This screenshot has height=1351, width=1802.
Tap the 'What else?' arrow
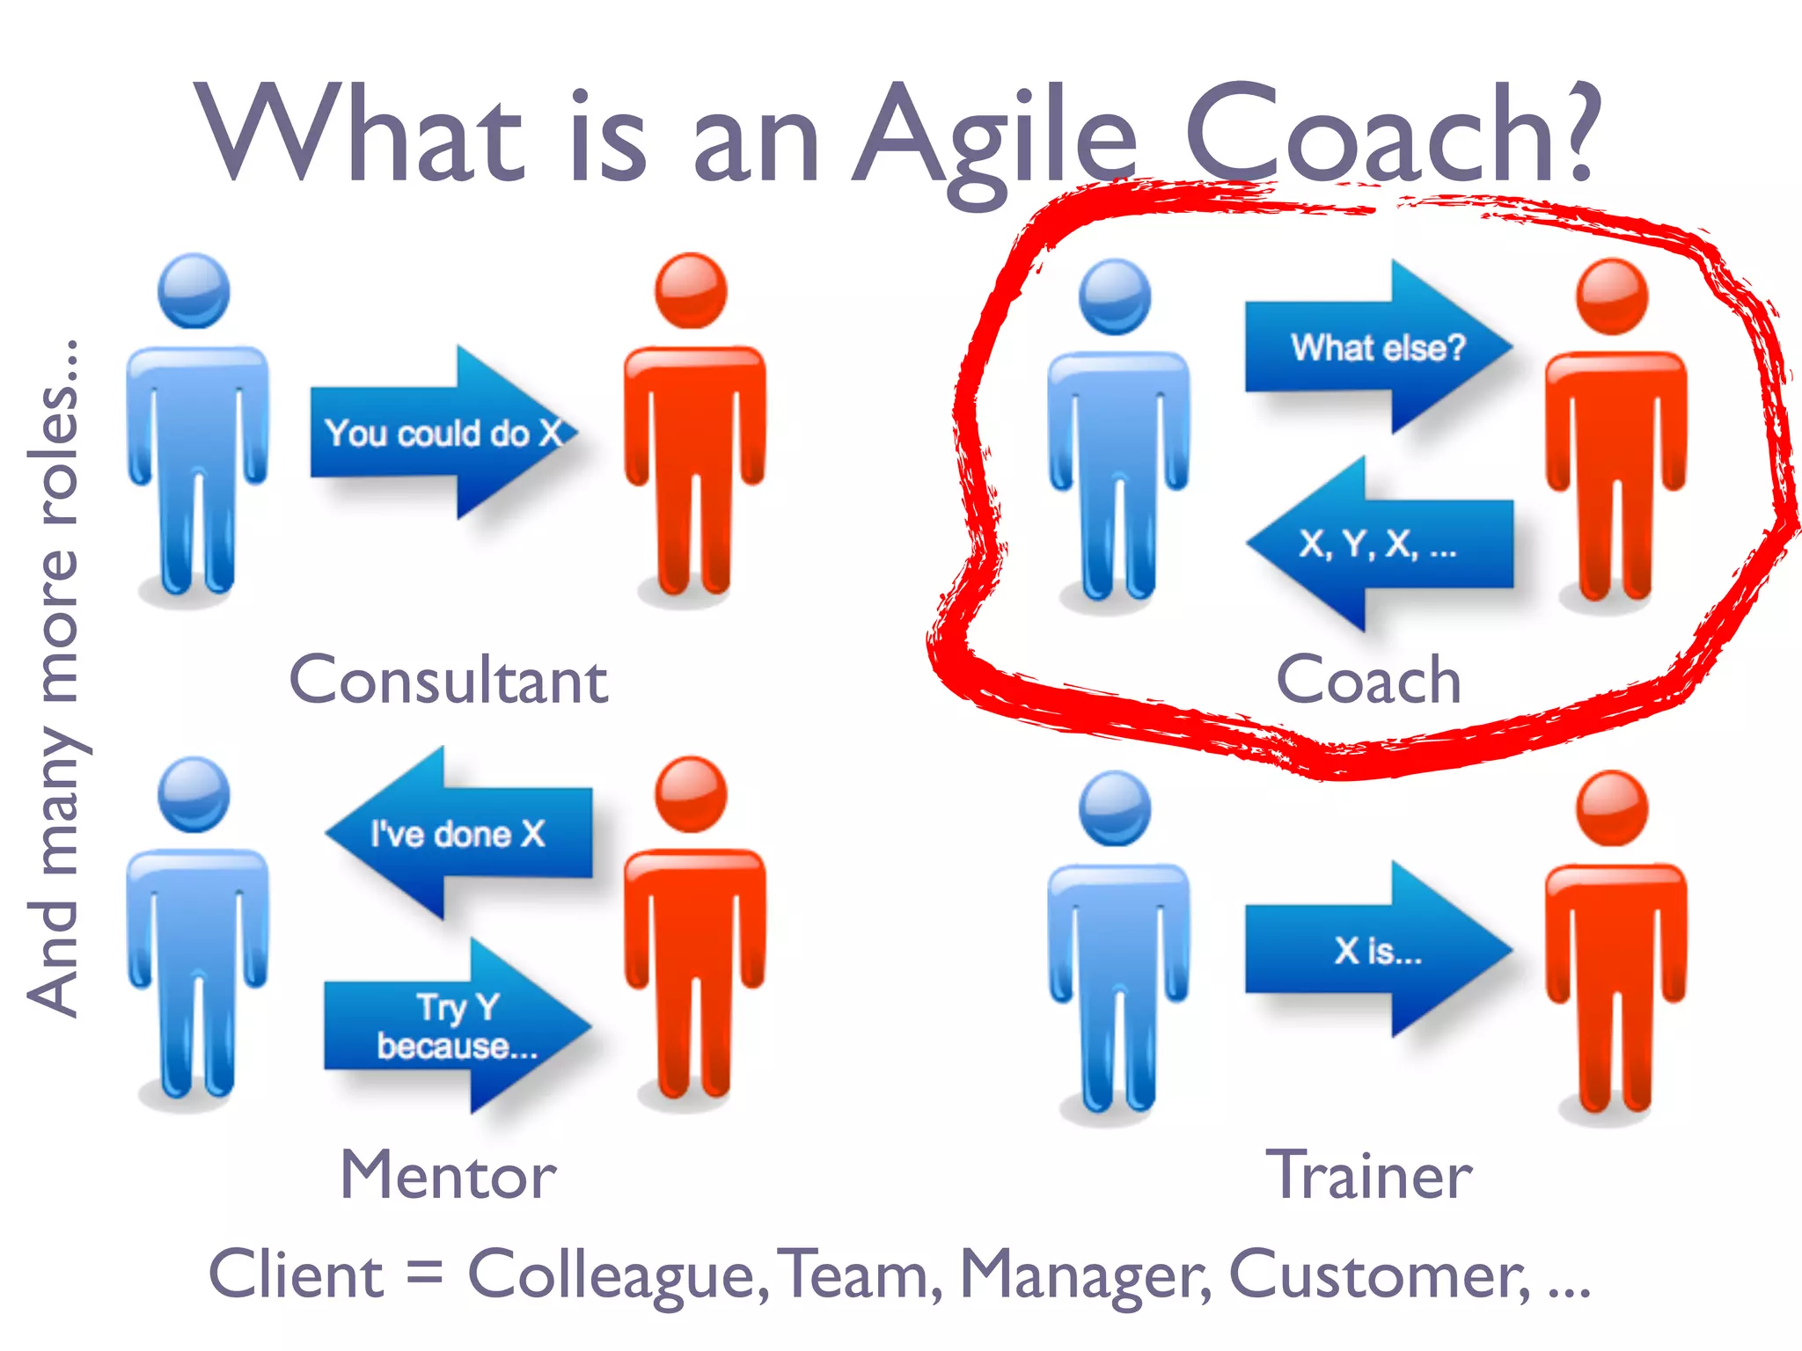click(1378, 347)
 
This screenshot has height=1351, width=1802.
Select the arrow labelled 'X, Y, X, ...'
click(1378, 544)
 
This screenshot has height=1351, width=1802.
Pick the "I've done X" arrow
click(458, 833)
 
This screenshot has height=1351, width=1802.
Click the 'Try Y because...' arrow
click(457, 1026)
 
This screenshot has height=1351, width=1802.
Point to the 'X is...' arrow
click(1378, 950)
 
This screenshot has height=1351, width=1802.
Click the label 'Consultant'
click(449, 681)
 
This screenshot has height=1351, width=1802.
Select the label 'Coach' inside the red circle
click(1368, 681)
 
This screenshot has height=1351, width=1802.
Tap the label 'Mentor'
click(449, 1175)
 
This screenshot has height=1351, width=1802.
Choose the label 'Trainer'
click(1368, 1175)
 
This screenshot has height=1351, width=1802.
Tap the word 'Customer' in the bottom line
click(1378, 1275)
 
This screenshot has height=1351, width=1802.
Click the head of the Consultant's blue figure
click(194, 291)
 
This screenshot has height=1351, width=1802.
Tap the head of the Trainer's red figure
click(1612, 807)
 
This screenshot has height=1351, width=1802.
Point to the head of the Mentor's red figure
click(692, 794)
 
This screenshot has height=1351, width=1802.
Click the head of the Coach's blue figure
click(1115, 296)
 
